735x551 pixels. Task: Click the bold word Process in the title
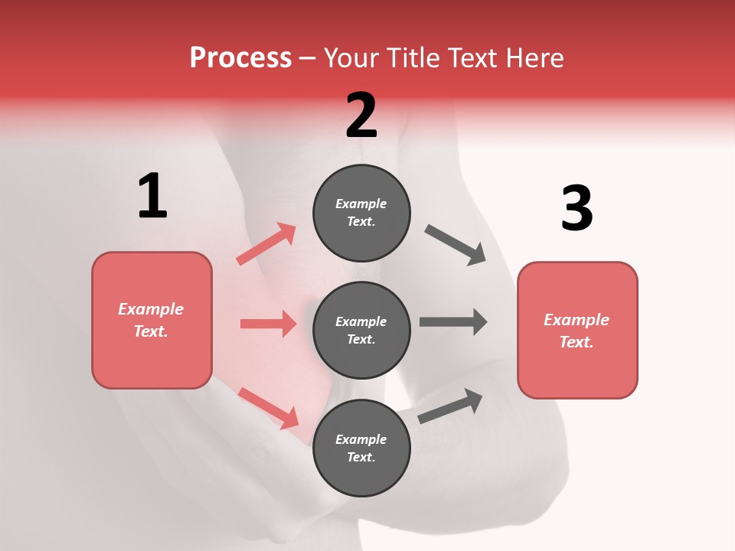coord(240,57)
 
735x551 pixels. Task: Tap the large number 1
coord(152,197)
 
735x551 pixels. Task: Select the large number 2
coord(361,116)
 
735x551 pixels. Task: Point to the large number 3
coord(577,208)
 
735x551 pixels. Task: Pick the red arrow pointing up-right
coord(266,244)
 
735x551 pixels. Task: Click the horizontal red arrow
coord(268,324)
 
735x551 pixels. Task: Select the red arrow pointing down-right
coord(268,407)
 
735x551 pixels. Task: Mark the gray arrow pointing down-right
coord(456,244)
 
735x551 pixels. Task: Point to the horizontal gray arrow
coord(453,322)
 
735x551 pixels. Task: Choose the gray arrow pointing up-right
coord(450,406)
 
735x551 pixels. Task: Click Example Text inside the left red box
coord(151,320)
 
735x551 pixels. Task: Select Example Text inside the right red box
coord(577,331)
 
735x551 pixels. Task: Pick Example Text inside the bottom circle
coord(361,448)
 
